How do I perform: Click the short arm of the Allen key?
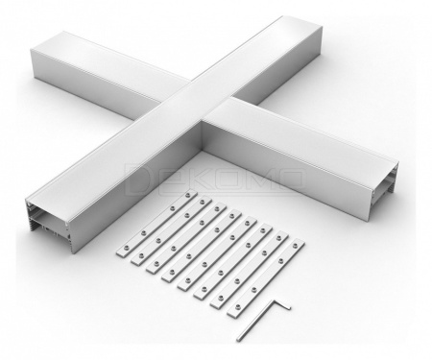[281, 304]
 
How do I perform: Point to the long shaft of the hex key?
[255, 320]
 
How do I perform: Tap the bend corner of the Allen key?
[274, 300]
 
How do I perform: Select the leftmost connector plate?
[156, 223]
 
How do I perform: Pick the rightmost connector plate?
[266, 277]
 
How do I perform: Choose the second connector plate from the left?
[171, 230]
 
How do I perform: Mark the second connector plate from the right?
[250, 270]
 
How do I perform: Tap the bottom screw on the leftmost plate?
[126, 248]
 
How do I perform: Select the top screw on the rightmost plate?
[295, 245]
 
